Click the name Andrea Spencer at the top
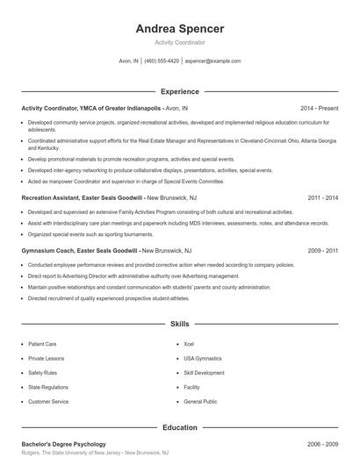[x=179, y=28]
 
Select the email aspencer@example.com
[x=212, y=61]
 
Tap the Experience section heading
[x=179, y=91]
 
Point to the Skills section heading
[x=179, y=324]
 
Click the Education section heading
[x=179, y=427]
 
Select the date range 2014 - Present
[x=319, y=108]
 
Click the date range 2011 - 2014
[x=323, y=199]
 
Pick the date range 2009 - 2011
[x=323, y=250]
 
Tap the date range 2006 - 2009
[x=323, y=444]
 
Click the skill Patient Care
[x=42, y=345]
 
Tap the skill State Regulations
[x=47, y=387]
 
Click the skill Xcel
[x=189, y=345]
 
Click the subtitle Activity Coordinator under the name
[x=179, y=42]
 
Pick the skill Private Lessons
[x=46, y=359]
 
